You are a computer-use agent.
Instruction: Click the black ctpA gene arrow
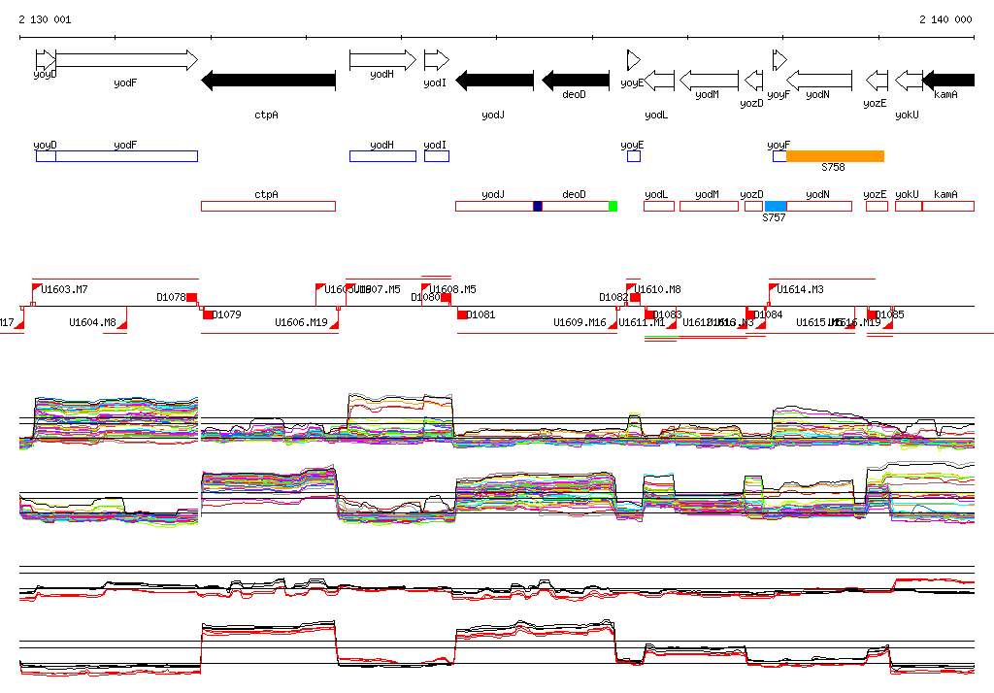pos(268,81)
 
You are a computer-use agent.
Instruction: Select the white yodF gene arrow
pos(126,60)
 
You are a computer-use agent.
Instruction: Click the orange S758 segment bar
pos(835,156)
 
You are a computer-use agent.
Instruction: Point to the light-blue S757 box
pos(775,206)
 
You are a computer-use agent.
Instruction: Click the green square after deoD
pos(613,206)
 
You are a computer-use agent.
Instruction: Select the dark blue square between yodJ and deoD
pos(538,206)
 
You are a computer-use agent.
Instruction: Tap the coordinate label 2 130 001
pos(45,19)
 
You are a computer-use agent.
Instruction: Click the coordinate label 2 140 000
pos(945,19)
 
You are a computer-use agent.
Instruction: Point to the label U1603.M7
pos(65,289)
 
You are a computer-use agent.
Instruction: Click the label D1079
pos(226,314)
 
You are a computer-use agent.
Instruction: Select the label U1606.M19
pos(301,322)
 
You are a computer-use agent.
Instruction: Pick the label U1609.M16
pos(580,322)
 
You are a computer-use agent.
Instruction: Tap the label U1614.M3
pos(800,289)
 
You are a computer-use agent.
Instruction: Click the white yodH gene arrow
pos(382,60)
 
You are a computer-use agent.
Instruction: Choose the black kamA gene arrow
pos(947,80)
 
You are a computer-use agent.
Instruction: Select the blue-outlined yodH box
pos(382,156)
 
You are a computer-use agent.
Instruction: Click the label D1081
pos(480,314)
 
